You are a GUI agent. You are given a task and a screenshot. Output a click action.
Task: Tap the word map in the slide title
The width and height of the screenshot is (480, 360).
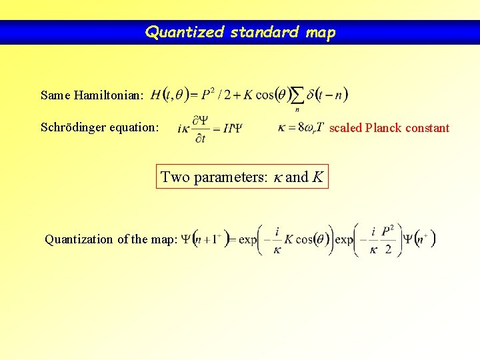coord(321,32)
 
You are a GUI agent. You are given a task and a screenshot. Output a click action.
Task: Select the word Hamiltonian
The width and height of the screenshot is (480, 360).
coord(107,95)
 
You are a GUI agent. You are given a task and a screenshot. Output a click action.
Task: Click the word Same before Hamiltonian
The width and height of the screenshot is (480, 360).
coord(54,95)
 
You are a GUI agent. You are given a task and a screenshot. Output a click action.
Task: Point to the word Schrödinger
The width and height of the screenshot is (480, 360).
coord(74,127)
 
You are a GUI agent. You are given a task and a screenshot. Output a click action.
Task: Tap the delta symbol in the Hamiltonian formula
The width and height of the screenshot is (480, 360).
coord(311,95)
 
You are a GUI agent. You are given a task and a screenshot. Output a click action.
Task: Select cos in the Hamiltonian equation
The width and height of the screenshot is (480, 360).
coord(264,95)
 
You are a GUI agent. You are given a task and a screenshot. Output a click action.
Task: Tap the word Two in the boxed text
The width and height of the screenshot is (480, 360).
coord(175,177)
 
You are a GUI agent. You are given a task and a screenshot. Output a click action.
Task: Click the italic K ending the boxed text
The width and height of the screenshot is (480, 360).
coord(318,177)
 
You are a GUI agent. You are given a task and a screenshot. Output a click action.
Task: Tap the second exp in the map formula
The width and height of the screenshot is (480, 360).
coord(344,239)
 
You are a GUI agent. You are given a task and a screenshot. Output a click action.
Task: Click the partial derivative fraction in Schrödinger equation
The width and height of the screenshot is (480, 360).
coord(200,128)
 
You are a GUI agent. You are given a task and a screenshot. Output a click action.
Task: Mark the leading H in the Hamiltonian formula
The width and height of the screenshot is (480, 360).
coord(156,95)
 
